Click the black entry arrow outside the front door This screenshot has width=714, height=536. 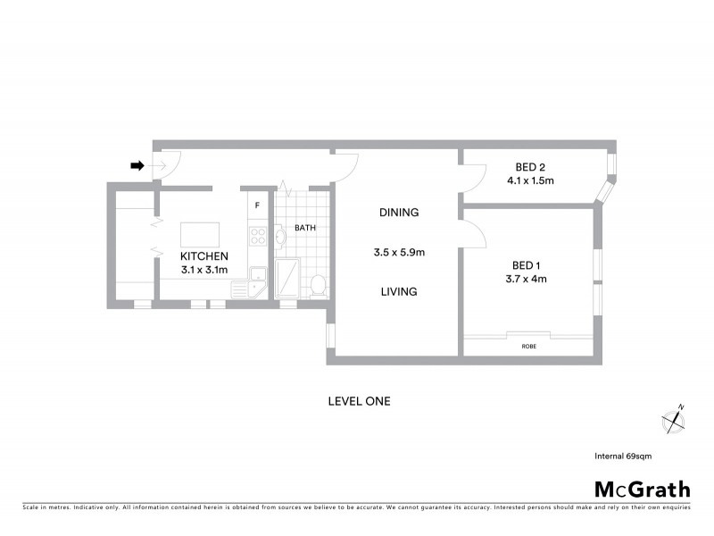pos(137,165)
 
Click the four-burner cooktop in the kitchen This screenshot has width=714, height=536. pos(258,237)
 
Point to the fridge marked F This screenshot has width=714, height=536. pos(258,205)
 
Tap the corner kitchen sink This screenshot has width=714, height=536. pos(257,275)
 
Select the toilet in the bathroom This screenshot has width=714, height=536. pos(317,284)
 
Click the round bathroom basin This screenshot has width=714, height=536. pos(280,237)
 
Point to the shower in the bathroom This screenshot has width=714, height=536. pos(289,279)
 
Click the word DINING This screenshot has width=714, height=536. pos(399,213)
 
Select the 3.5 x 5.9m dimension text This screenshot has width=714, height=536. pos(399,253)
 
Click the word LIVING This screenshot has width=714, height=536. pos(398,292)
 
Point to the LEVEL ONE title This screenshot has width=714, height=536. pos(360,401)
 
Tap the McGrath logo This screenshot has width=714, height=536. pos(643,489)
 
